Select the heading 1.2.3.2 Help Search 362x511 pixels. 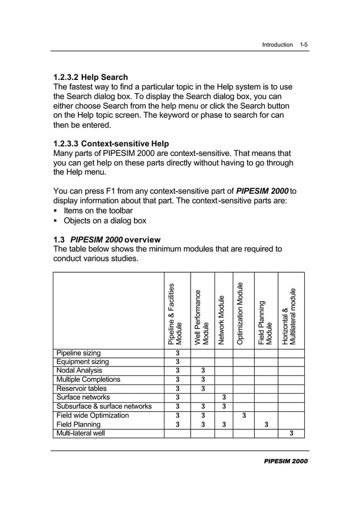click(x=90, y=77)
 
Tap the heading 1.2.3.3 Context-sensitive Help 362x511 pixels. click(x=111, y=143)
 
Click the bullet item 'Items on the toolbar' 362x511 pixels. click(x=98, y=210)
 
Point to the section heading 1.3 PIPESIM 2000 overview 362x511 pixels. click(x=107, y=239)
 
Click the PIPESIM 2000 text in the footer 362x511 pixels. click(x=286, y=461)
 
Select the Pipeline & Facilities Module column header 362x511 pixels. click(x=175, y=314)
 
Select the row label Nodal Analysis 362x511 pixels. click(x=79, y=371)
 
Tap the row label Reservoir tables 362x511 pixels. click(x=81, y=388)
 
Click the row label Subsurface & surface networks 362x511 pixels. click(x=103, y=406)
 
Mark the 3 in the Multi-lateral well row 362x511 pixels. click(x=292, y=434)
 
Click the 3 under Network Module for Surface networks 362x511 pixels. click(x=224, y=398)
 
